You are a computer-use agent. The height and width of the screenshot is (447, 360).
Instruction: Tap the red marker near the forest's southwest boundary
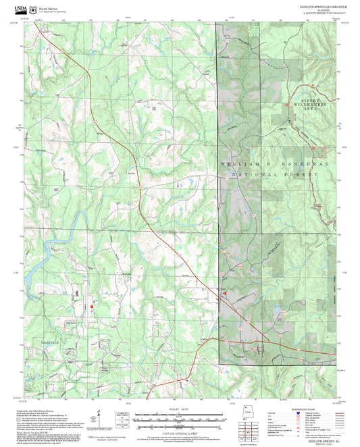tap(226, 294)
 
